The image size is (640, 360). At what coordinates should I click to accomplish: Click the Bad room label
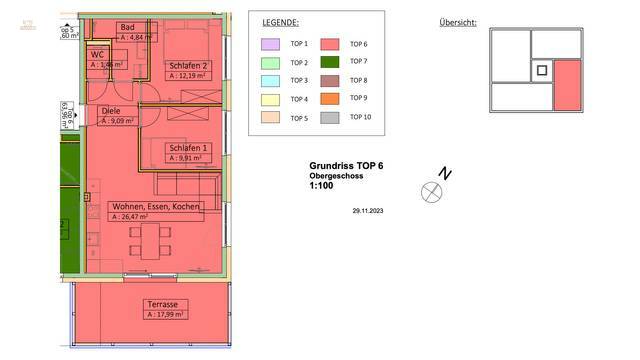tap(127, 27)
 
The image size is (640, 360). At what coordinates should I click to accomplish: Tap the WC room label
tap(98, 54)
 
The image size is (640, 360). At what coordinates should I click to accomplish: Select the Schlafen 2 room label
tap(187, 65)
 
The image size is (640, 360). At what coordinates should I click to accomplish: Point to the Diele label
tap(110, 112)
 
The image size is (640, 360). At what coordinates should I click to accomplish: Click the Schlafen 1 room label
tap(187, 148)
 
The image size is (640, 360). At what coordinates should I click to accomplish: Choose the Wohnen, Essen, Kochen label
tap(156, 206)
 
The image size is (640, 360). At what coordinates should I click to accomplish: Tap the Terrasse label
tap(162, 304)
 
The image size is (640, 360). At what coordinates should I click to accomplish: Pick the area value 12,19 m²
tap(190, 75)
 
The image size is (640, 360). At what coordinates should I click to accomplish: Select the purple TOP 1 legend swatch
tap(270, 44)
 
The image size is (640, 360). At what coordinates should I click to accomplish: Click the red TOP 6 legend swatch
tap(329, 44)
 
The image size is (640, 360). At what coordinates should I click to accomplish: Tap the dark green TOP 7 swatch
tap(329, 62)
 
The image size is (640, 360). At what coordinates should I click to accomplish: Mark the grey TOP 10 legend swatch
tap(329, 117)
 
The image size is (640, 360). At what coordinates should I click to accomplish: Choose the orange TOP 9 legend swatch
tap(329, 99)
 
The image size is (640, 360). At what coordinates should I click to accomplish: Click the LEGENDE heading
tap(280, 21)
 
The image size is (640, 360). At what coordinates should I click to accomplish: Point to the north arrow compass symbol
tap(432, 192)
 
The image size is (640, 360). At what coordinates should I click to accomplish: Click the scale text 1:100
tap(321, 186)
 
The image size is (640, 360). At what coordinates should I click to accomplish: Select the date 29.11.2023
tap(369, 211)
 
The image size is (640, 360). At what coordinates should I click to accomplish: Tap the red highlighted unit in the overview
tap(567, 85)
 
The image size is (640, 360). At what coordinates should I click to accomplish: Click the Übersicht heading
tap(458, 22)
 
